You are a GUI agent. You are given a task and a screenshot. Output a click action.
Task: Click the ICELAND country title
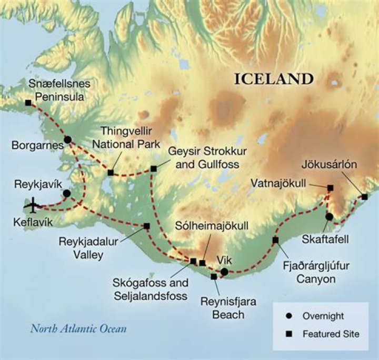coord(274,79)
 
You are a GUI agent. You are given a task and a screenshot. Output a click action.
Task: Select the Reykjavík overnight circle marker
coord(66,193)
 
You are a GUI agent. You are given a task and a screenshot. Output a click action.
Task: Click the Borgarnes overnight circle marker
coord(67,139)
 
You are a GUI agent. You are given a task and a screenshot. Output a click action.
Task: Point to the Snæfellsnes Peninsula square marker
coord(28,103)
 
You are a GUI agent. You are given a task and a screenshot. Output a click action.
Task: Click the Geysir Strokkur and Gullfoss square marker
coord(153,169)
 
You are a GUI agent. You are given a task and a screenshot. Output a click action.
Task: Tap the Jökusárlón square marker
coord(364,197)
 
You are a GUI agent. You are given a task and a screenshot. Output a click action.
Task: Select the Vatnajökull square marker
coord(330,188)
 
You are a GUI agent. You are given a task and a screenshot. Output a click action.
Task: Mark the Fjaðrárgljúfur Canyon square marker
coord(275,240)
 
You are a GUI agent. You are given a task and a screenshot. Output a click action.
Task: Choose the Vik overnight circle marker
coord(224,272)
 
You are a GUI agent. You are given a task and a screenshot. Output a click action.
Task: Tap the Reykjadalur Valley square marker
coord(146,226)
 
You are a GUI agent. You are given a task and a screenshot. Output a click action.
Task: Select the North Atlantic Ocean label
coord(78,329)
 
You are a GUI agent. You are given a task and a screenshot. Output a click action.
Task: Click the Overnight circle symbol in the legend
coord(288,316)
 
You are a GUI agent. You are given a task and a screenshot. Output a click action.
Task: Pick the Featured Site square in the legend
coord(288,334)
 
